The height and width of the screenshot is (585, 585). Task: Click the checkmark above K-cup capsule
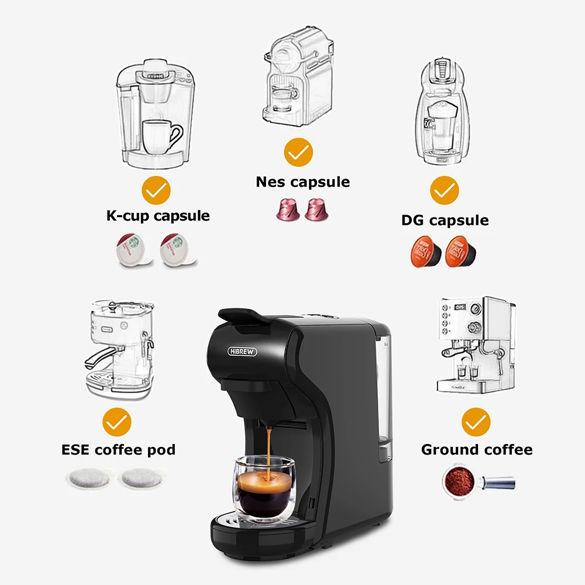[157, 190]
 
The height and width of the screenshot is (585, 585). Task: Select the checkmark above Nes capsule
[298, 153]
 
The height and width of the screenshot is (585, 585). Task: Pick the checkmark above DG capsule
[445, 190]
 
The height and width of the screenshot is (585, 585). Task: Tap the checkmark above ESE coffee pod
[117, 422]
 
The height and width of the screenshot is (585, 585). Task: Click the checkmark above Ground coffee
[476, 422]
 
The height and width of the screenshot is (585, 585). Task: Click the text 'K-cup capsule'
[158, 215]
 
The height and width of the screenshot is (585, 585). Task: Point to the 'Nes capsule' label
[302, 182]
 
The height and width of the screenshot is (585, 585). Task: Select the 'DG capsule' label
[445, 221]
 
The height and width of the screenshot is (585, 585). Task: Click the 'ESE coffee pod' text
[118, 450]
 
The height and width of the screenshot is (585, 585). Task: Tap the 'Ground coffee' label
[477, 450]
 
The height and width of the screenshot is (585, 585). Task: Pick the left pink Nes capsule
[287, 209]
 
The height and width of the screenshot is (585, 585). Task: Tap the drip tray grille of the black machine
[234, 518]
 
